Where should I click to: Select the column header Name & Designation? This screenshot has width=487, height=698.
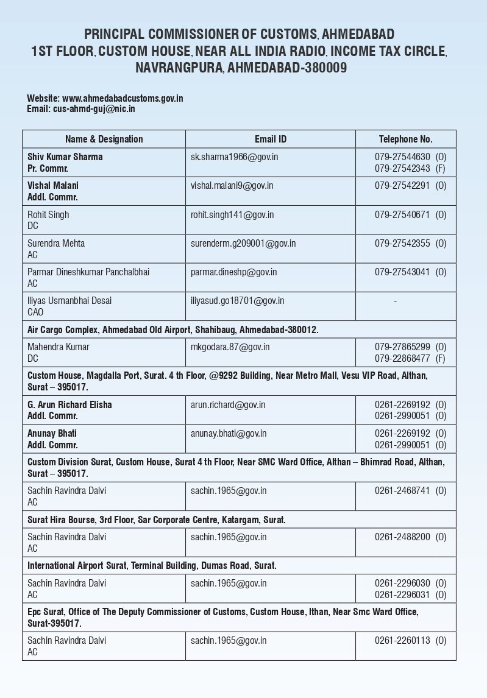tap(104, 139)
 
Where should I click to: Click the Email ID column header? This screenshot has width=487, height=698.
tap(270, 139)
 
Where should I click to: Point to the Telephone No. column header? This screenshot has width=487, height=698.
tap(405, 139)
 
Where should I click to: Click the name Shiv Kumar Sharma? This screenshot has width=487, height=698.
tap(65, 157)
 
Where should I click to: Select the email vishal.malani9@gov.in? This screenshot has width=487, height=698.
tap(232, 185)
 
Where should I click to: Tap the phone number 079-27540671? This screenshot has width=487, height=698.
tap(402, 214)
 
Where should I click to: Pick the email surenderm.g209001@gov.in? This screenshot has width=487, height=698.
tap(243, 243)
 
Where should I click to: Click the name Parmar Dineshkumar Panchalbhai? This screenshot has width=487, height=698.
tap(88, 272)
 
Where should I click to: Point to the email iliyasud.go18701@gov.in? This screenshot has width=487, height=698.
tap(237, 300)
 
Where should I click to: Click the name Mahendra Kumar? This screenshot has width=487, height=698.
tap(59, 347)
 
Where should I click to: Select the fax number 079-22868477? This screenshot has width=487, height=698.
tap(402, 358)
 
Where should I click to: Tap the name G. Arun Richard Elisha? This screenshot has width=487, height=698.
tap(69, 404)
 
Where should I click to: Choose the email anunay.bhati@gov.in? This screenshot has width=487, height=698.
tap(229, 433)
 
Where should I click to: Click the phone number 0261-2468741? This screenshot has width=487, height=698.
tap(402, 490)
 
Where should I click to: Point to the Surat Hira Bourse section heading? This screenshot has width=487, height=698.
tap(157, 520)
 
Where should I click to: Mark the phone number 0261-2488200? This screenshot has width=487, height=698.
tap(402, 537)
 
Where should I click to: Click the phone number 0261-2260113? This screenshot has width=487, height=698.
tap(402, 640)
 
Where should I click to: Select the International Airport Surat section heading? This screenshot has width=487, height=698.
tap(152, 565)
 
